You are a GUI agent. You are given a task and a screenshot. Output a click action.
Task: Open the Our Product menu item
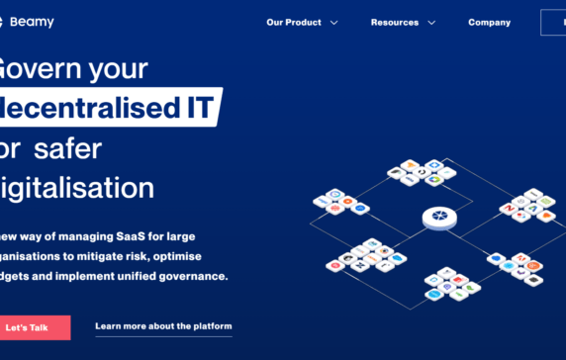point(294,22)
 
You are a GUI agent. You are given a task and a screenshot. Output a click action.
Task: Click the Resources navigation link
point(394,22)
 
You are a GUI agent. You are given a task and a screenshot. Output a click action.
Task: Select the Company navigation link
point(489,22)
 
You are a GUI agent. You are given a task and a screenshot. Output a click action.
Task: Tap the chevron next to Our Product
point(333,22)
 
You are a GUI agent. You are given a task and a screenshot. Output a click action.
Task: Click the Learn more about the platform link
point(163,326)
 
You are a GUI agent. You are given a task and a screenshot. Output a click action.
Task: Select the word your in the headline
point(115,67)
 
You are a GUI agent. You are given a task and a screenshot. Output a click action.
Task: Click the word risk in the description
point(147,256)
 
